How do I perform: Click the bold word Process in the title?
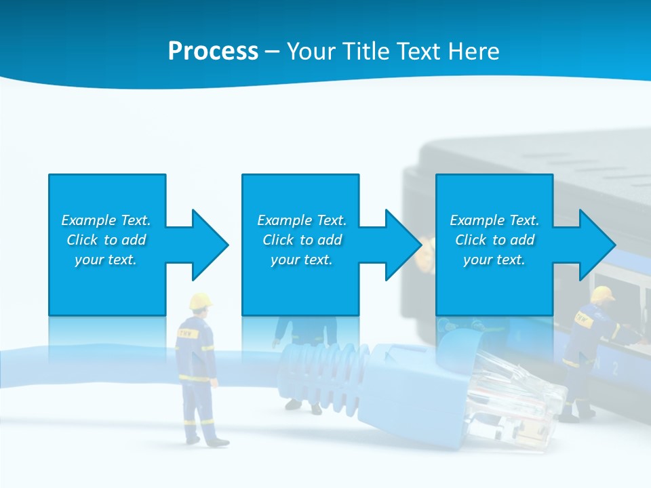[x=213, y=52]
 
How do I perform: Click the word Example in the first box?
[x=88, y=220]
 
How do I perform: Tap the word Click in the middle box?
[x=278, y=240]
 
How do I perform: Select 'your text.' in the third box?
[x=494, y=260]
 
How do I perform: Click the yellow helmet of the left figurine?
[x=200, y=300]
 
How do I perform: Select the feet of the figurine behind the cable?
[x=304, y=407]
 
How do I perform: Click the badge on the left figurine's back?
[x=185, y=333]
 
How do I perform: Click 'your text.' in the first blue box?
[x=105, y=260]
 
